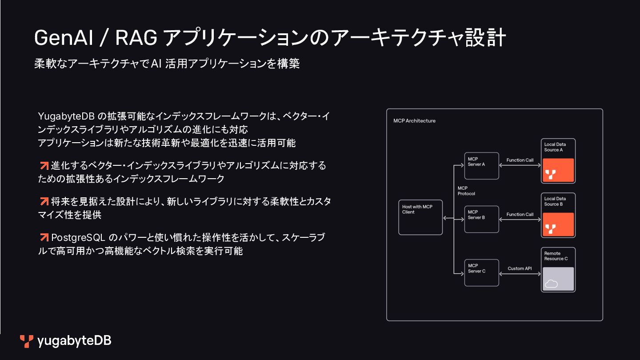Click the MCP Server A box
pyautogui.click(x=482, y=166)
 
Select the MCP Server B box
pyautogui.click(x=482, y=219)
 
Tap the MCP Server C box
pyautogui.click(x=482, y=272)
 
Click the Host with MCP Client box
pyautogui.click(x=420, y=217)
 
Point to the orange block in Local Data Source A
pyautogui.click(x=558, y=170)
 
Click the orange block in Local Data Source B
pyautogui.click(x=558, y=224)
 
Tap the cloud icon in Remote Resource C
pyautogui.click(x=551, y=284)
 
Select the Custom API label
pyautogui.click(x=520, y=268)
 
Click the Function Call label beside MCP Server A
pyautogui.click(x=520, y=160)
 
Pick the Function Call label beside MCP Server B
pyautogui.click(x=520, y=214)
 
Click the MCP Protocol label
pyautogui.click(x=466, y=191)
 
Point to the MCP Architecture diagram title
pyautogui.click(x=414, y=121)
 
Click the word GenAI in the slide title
pyautogui.click(x=63, y=38)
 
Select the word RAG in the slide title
pyautogui.click(x=136, y=38)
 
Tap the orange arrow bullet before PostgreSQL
pyautogui.click(x=44, y=237)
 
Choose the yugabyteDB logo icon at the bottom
pyautogui.click(x=27, y=341)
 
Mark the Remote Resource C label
pyautogui.click(x=556, y=256)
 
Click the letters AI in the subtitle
pyautogui.click(x=156, y=64)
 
